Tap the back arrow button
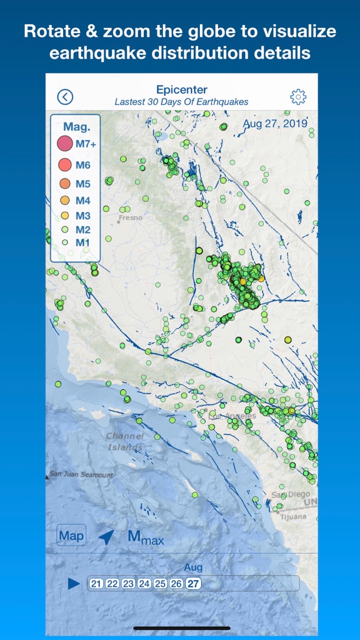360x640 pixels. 65,96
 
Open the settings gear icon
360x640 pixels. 298,96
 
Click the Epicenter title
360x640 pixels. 181,89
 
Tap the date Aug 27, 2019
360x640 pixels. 275,123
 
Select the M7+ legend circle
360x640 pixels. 65,144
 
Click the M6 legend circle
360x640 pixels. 65,165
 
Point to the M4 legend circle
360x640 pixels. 65,200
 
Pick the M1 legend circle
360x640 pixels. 65,242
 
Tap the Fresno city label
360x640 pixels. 130,218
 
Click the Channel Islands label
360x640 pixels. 125,441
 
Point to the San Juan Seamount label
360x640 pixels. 81,475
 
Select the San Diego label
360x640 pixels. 291,494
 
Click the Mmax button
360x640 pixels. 145,537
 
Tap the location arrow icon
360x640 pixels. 106,536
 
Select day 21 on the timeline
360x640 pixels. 96,583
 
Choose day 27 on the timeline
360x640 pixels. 193,583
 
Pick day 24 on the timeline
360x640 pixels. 144,583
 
